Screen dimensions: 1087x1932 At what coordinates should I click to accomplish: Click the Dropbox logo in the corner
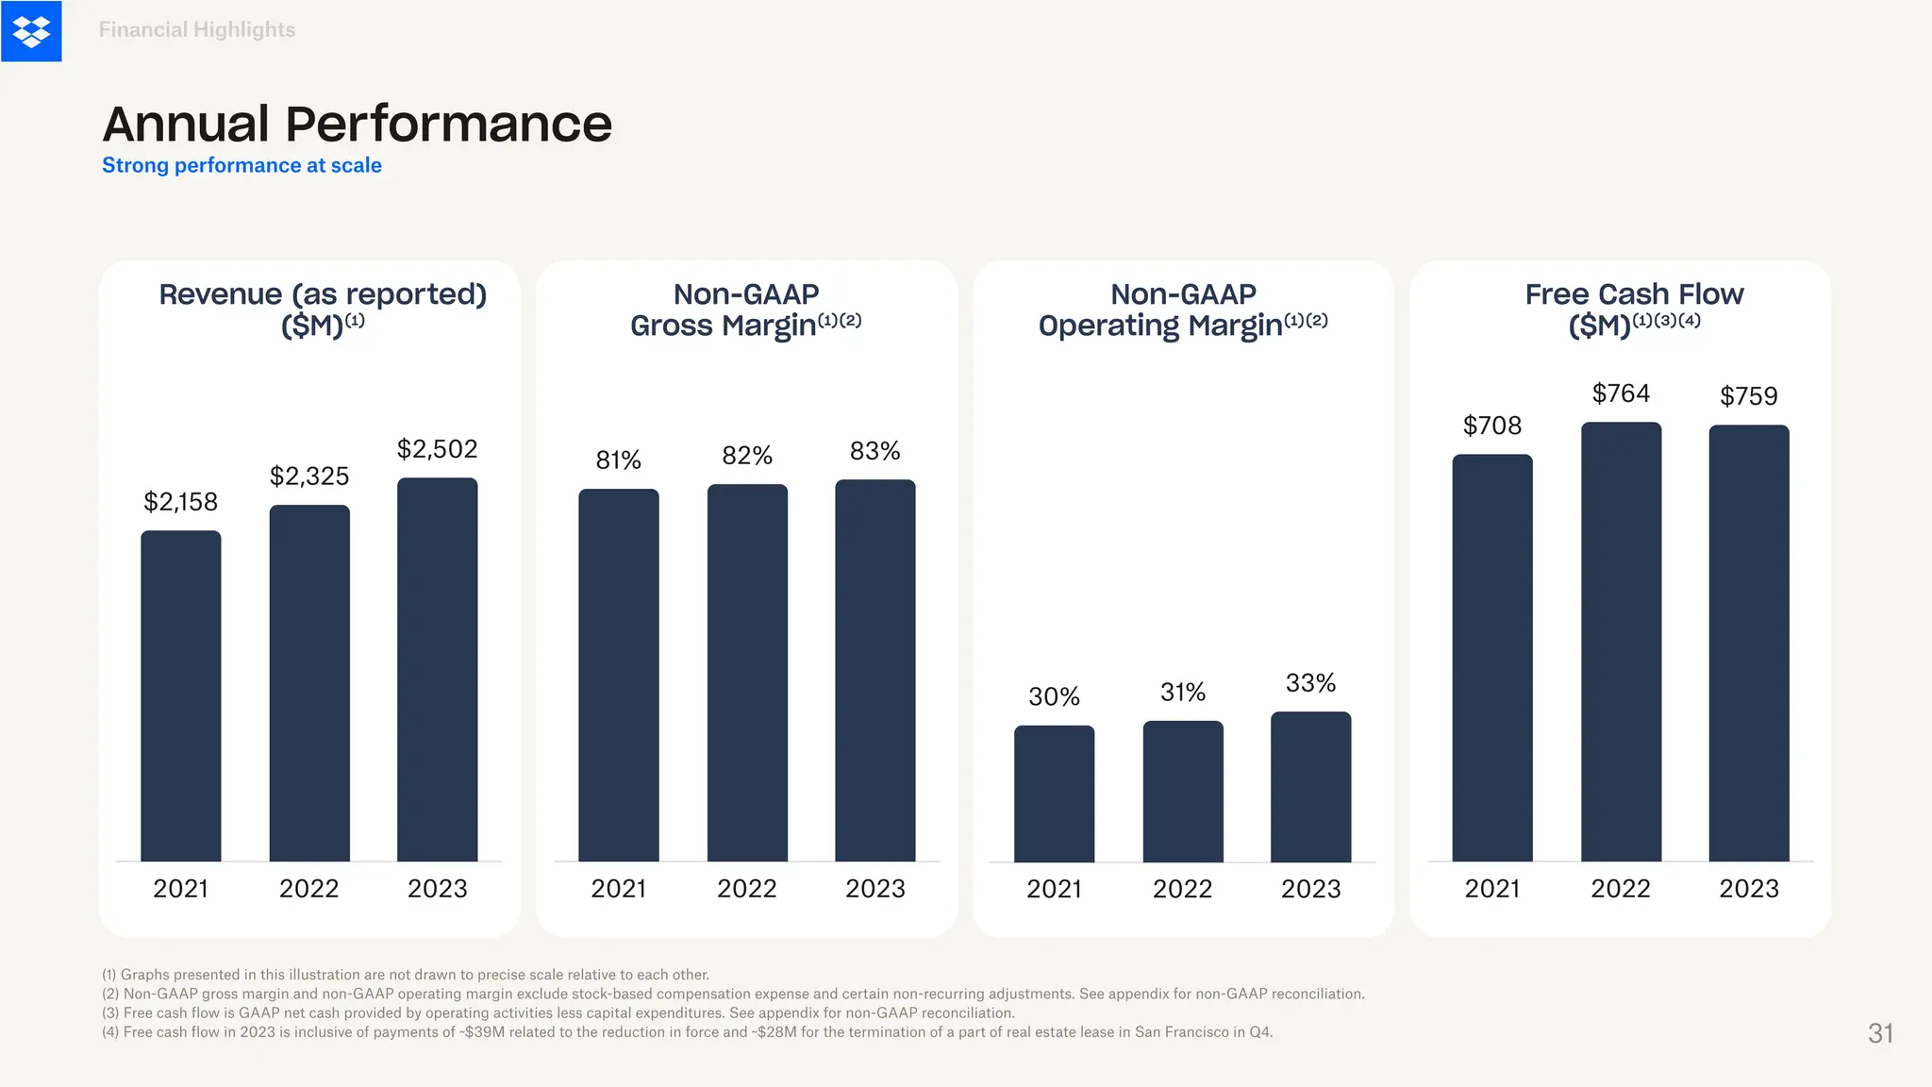[x=31, y=31]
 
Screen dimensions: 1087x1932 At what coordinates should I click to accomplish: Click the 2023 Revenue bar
[x=437, y=670]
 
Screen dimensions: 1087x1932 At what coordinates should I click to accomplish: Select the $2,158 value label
[x=180, y=502]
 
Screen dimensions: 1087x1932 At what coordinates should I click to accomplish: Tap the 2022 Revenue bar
[x=309, y=683]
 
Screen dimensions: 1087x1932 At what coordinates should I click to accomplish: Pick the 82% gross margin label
[x=746, y=456]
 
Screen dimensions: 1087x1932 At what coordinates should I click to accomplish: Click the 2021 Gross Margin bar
[x=619, y=675]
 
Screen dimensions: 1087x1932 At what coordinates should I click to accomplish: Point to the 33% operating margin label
[x=1310, y=683]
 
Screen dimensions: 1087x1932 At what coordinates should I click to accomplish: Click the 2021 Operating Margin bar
[x=1054, y=794]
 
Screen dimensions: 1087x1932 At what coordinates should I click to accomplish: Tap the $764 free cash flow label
[x=1621, y=393]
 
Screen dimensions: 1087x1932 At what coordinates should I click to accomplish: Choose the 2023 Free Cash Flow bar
[x=1748, y=643]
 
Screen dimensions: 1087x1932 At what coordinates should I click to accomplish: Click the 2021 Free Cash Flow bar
[x=1491, y=658]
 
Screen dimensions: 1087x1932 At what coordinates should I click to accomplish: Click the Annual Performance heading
[x=357, y=125]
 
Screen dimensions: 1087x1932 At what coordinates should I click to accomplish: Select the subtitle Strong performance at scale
[x=241, y=165]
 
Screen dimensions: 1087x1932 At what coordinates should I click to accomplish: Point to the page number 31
[x=1880, y=1033]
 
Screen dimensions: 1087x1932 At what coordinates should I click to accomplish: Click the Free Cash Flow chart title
[x=1634, y=309]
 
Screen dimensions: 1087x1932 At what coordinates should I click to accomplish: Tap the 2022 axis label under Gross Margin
[x=746, y=889]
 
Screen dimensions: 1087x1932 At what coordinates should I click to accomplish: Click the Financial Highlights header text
[x=197, y=30]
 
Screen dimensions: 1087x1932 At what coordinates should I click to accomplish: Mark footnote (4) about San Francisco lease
[x=687, y=1032]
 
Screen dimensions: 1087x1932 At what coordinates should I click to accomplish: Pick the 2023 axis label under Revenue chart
[x=437, y=889]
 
